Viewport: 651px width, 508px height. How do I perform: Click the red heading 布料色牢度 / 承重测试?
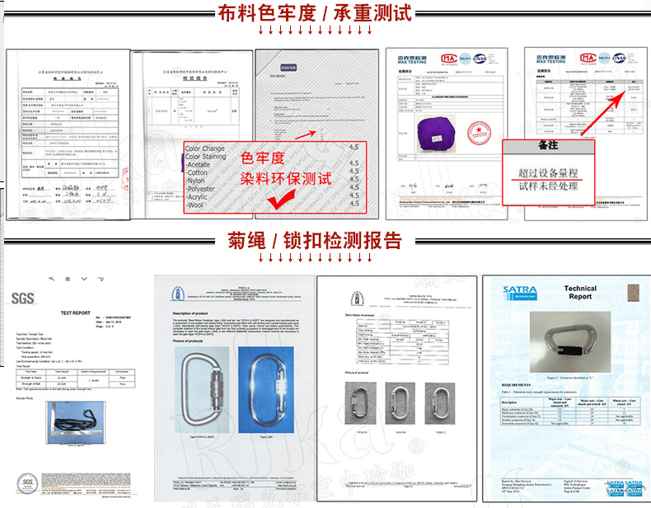point(325,14)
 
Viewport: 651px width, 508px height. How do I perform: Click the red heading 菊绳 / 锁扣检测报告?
point(325,242)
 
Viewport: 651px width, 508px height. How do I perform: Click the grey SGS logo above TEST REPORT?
point(22,299)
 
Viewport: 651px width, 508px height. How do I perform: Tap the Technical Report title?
point(579,293)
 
